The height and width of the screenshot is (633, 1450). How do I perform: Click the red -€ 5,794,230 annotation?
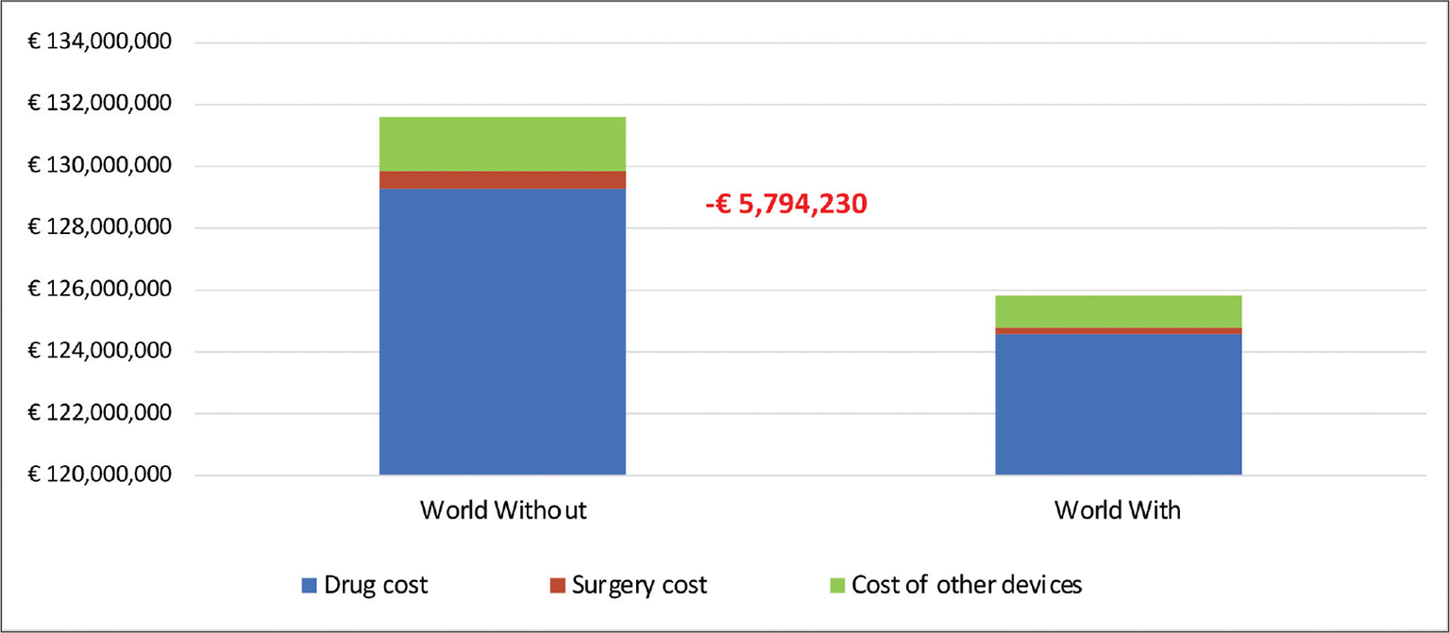[x=785, y=204]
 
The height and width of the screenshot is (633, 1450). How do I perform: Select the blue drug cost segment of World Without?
[x=502, y=330]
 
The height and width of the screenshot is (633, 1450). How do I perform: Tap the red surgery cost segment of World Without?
[x=502, y=179]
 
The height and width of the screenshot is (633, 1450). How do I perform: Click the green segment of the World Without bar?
[x=502, y=143]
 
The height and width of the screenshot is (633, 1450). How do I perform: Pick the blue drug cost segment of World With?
[x=1118, y=404]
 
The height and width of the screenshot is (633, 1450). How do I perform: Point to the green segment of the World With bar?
[x=1118, y=311]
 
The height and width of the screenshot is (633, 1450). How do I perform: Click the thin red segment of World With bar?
[x=1118, y=330]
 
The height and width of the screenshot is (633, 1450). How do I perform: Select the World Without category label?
[x=503, y=510]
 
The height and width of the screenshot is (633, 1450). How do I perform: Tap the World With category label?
[x=1118, y=510]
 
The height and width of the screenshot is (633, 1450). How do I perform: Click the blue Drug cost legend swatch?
[x=309, y=586]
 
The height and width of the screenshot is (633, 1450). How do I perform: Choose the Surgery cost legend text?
[x=639, y=585]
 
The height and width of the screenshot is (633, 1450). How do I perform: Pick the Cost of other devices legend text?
[x=967, y=585]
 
